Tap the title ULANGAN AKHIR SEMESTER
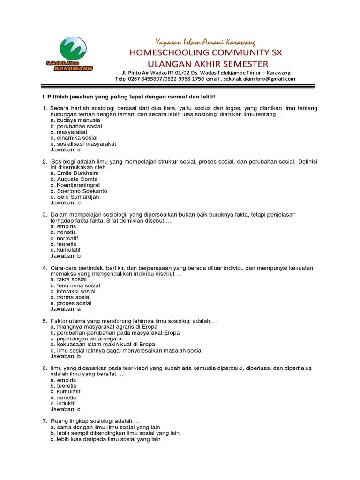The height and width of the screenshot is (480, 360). click(x=208, y=64)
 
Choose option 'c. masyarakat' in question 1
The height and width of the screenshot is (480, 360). click(x=69, y=132)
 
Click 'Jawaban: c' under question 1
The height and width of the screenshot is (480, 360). click(x=66, y=150)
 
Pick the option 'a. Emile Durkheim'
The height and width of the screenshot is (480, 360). click(x=75, y=173)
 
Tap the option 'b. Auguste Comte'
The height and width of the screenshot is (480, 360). click(x=74, y=180)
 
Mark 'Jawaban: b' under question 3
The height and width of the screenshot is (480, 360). click(x=66, y=256)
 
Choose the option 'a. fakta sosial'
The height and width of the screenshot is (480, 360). click(x=68, y=279)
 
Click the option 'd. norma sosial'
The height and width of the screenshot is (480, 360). click(x=70, y=297)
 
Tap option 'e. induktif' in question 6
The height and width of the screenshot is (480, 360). click(x=63, y=403)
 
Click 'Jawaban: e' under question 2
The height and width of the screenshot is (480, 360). click(x=66, y=203)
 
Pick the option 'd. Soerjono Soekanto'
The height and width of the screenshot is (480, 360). click(x=79, y=191)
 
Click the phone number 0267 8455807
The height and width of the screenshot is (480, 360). click(x=146, y=79)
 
